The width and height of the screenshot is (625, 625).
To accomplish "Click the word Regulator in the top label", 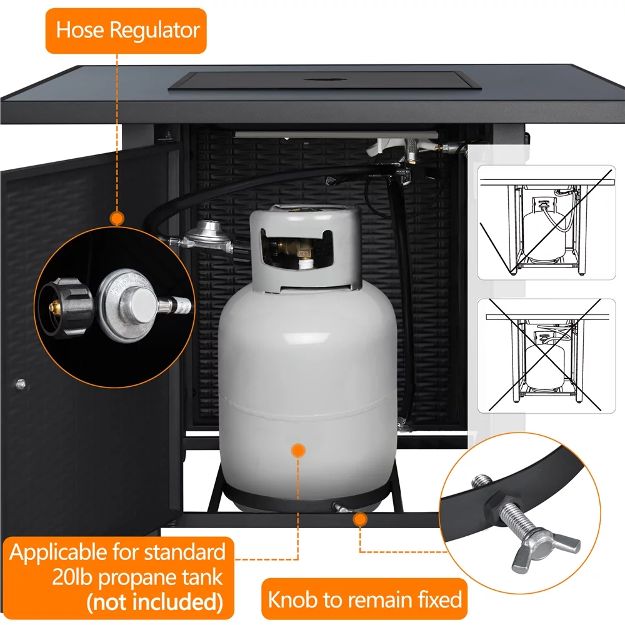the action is (x=154, y=31).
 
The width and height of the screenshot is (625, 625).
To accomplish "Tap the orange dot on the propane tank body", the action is (x=297, y=451).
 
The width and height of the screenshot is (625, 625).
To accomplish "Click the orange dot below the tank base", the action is (x=360, y=519).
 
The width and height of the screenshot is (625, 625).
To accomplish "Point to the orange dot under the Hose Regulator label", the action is (x=117, y=218).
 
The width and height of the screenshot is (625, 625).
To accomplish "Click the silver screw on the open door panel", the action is (x=21, y=384).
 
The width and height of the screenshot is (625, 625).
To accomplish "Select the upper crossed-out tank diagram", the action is (x=546, y=222).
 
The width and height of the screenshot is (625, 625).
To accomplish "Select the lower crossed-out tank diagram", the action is (x=546, y=356).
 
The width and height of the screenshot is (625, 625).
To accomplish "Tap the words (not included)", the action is (x=154, y=602).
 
